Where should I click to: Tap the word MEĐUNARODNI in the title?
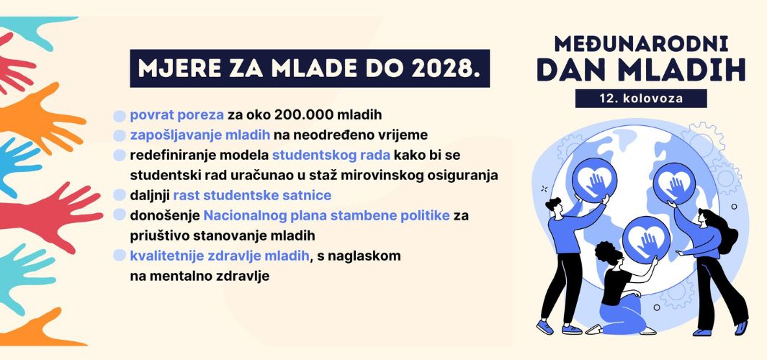pyautogui.click(x=641, y=45)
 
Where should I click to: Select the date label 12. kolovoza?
pyautogui.click(x=641, y=99)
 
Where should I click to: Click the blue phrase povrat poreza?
pyautogui.click(x=177, y=115)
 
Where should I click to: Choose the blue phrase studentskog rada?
pyautogui.click(x=331, y=155)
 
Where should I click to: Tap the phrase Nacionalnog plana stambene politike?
pyautogui.click(x=327, y=216)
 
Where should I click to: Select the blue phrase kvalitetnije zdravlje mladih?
pyautogui.click(x=220, y=256)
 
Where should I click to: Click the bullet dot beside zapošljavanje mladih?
pyautogui.click(x=120, y=135)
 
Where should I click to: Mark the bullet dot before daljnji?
pyautogui.click(x=120, y=195)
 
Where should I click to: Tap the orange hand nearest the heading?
pyautogui.click(x=42, y=117)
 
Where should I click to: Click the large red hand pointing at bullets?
pyautogui.click(x=49, y=215)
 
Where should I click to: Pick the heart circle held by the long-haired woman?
pyautogui.click(x=675, y=184)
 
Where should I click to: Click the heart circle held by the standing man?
pyautogui.click(x=594, y=179)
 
